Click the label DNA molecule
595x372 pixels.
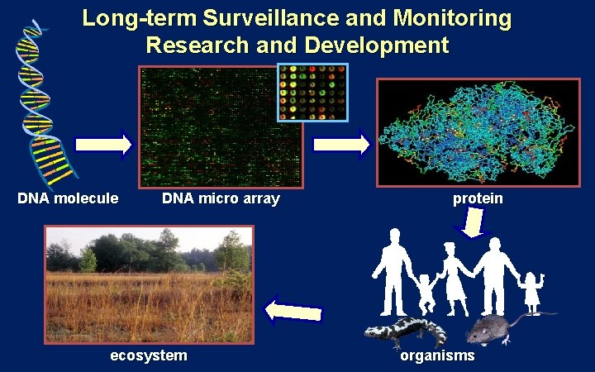(x=69, y=198)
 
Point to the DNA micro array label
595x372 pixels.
(x=221, y=198)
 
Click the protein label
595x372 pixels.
(x=478, y=198)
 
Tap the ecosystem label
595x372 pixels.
(x=149, y=355)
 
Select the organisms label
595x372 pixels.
(x=438, y=355)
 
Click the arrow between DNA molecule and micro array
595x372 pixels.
(x=103, y=145)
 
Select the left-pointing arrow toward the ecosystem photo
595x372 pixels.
(x=293, y=311)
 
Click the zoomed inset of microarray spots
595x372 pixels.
(x=312, y=91)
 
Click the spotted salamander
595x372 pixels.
(x=405, y=331)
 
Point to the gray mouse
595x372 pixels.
(x=494, y=329)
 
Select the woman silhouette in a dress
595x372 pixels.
(x=453, y=277)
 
